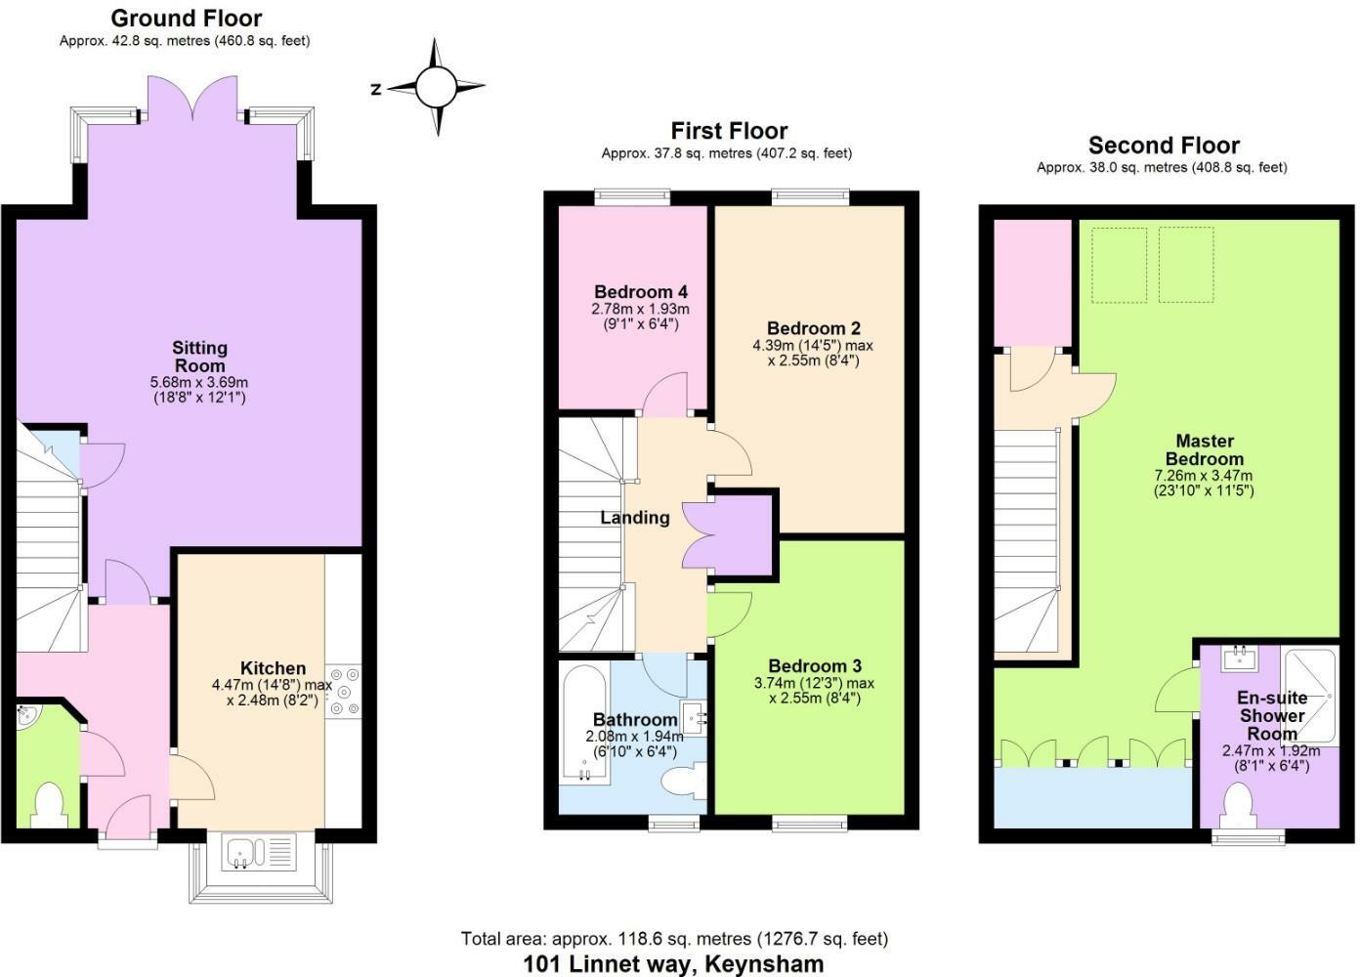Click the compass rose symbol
436,88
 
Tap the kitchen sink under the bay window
259,852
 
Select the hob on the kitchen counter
343,690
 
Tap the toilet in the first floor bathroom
683,782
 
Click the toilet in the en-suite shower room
1240,806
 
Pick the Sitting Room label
199,357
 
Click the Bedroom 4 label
640,292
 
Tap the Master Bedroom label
1204,449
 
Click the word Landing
635,518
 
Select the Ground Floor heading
186,18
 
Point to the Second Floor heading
1163,146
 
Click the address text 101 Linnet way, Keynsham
673,963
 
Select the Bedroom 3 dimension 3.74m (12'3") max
814,683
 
